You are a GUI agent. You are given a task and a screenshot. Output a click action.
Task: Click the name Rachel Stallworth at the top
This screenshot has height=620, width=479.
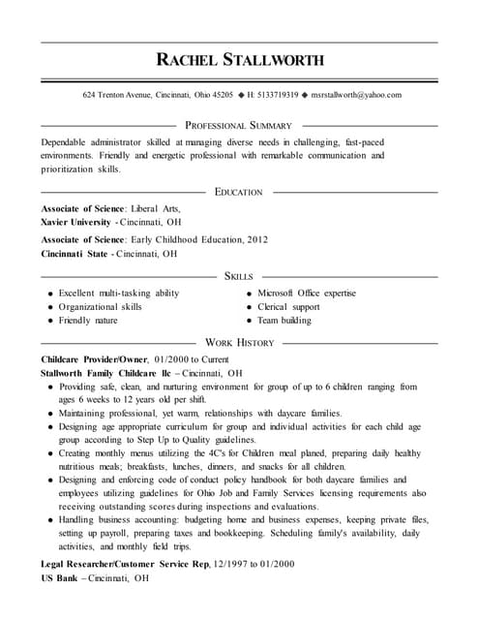[239, 60]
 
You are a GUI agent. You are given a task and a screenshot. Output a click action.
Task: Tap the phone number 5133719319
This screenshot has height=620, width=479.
[278, 95]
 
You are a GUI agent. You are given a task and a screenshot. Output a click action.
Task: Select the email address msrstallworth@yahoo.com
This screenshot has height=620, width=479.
[355, 95]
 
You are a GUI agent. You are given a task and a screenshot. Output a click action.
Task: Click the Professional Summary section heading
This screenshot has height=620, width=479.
[238, 126]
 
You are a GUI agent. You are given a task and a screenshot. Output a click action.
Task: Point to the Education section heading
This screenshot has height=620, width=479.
[238, 192]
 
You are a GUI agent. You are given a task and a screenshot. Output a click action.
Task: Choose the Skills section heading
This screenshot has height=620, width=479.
[238, 276]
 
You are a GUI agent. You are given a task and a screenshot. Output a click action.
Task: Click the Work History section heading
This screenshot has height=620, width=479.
[240, 342]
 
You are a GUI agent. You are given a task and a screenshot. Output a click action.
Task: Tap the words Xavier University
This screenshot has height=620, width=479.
[76, 222]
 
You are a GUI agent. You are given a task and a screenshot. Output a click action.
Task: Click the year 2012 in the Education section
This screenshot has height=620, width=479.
[256, 239]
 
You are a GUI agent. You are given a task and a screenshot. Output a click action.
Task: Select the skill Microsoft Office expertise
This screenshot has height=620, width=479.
[306, 293]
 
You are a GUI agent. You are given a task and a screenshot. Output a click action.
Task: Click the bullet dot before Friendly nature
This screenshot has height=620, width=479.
[48, 321]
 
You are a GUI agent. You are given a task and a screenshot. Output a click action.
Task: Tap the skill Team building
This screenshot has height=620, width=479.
[284, 320]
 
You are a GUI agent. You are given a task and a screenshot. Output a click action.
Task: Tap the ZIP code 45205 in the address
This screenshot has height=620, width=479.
[222, 95]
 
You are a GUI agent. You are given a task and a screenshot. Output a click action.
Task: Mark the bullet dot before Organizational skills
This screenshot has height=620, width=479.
[48, 307]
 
